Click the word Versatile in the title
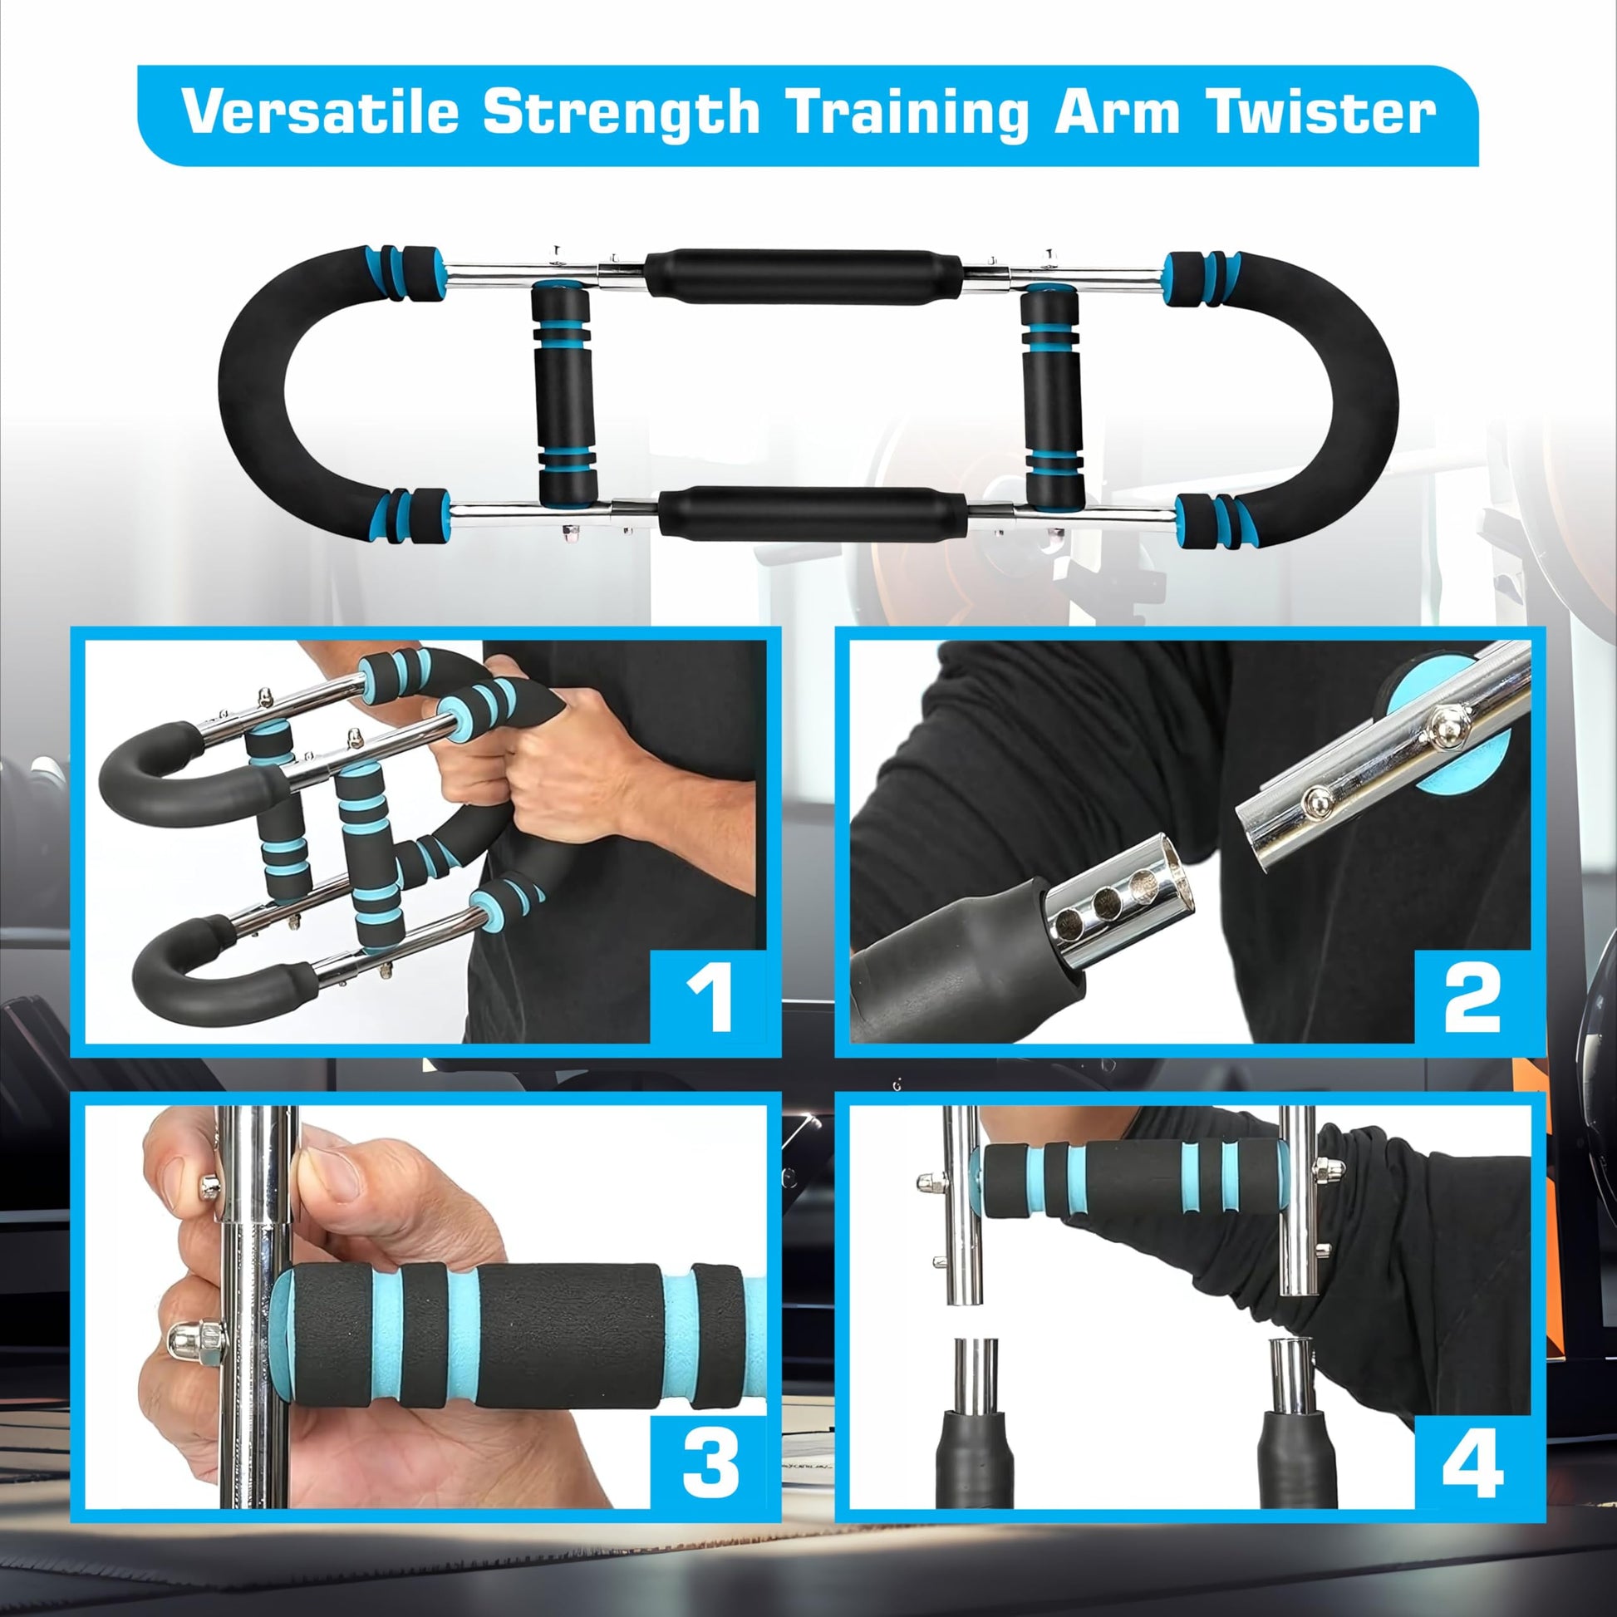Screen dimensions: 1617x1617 point(321,111)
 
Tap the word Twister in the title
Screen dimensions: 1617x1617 point(1321,111)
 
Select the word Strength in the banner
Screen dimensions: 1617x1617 point(621,111)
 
